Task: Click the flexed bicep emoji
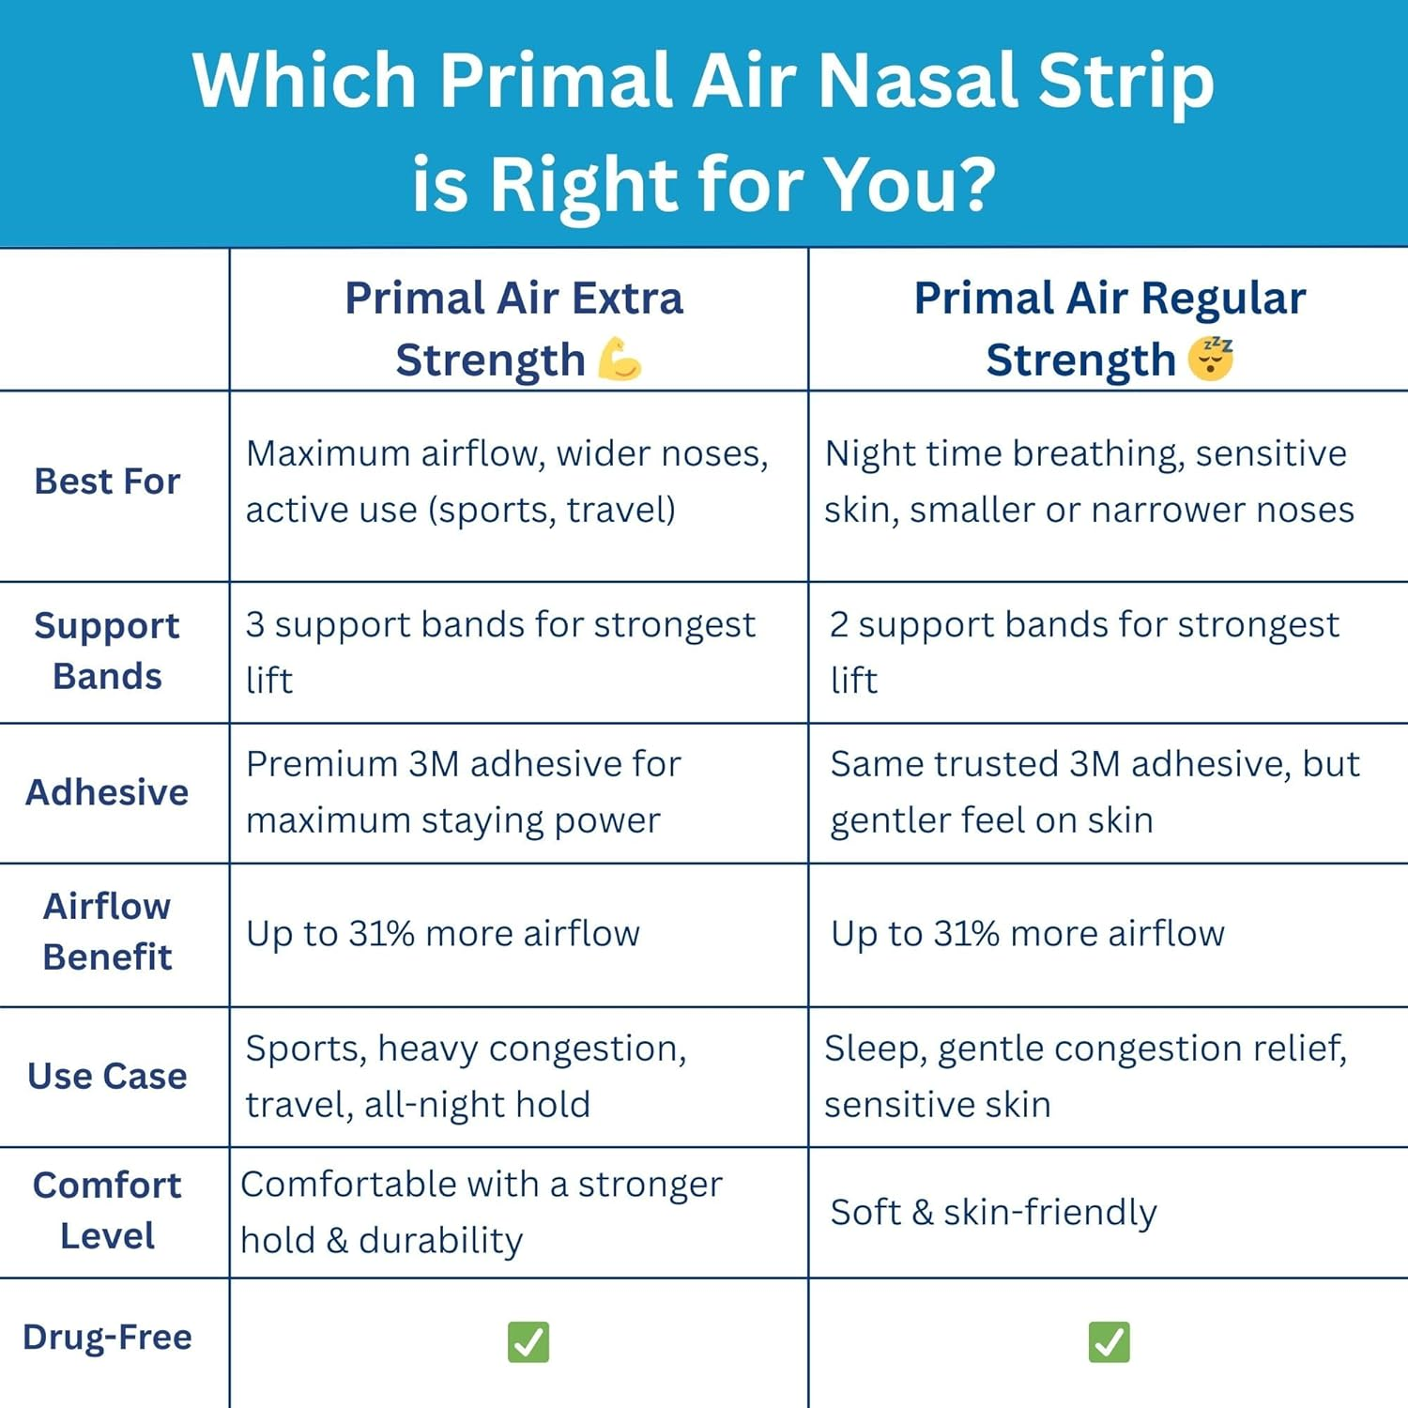tap(620, 360)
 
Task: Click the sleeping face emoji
tap(1211, 359)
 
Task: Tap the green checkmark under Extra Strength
tap(528, 1341)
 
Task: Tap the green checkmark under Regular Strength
tap(1110, 1341)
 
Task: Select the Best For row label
tap(107, 482)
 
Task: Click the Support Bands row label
tap(107, 650)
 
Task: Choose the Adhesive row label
tap(107, 792)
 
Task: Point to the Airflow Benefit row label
tap(107, 931)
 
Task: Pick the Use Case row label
tap(107, 1076)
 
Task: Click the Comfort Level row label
tap(107, 1210)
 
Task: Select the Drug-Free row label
tap(107, 1337)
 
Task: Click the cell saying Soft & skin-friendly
tap(993, 1212)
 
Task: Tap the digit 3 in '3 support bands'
tap(254, 625)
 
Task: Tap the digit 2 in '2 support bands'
tap(839, 625)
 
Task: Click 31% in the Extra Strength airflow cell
tap(381, 934)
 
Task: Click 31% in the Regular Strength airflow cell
tap(966, 934)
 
